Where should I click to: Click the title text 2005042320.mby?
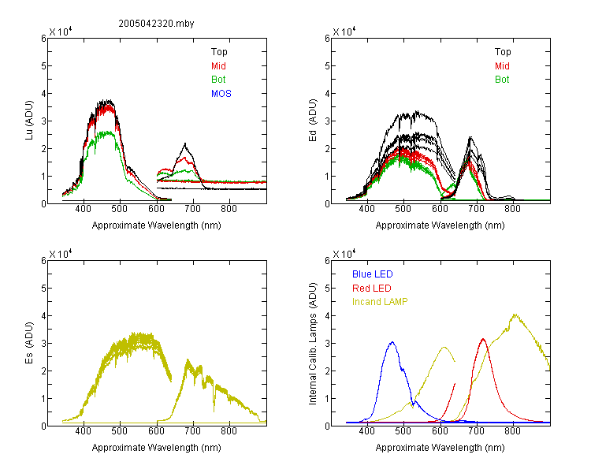click(x=156, y=24)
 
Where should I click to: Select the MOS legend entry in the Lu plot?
click(x=221, y=94)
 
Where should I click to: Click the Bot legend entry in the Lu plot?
click(x=218, y=80)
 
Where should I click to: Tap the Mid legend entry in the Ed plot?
click(x=502, y=66)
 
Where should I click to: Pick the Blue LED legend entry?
click(x=373, y=274)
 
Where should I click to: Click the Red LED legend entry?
click(x=372, y=289)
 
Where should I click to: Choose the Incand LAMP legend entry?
click(x=380, y=302)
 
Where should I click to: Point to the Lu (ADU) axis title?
click(x=29, y=121)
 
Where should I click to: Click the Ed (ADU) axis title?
click(x=313, y=121)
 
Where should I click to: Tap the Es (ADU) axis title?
click(x=29, y=343)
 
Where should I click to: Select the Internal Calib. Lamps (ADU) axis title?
click(x=313, y=344)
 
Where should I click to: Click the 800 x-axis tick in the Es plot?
click(x=229, y=431)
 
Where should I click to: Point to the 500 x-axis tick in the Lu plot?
click(x=120, y=209)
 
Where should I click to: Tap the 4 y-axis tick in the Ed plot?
click(x=327, y=93)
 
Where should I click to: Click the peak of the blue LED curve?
click(x=392, y=342)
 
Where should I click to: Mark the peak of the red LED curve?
click(x=483, y=339)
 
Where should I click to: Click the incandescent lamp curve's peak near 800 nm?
click(x=515, y=315)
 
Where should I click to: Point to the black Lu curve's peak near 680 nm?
click(x=185, y=143)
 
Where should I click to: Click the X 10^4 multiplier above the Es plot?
click(x=61, y=254)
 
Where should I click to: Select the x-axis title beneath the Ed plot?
click(x=440, y=225)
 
